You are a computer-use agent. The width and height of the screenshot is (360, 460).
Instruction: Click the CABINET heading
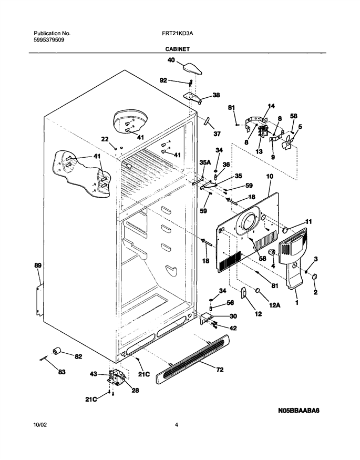click(177, 49)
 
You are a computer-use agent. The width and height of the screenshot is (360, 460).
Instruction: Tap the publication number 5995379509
click(49, 40)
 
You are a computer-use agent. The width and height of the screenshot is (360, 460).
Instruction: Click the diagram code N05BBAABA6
click(299, 411)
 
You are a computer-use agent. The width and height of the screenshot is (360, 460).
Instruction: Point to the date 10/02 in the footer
click(40, 424)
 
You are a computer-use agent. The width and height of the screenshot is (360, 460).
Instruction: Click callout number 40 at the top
click(171, 60)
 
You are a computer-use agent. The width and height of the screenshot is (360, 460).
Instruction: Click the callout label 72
click(220, 370)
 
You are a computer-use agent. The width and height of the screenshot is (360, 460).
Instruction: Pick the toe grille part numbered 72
click(192, 360)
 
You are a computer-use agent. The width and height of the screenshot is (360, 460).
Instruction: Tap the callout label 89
click(38, 265)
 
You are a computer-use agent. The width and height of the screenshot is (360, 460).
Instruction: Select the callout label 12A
click(275, 305)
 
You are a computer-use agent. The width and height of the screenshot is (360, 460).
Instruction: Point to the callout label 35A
click(205, 161)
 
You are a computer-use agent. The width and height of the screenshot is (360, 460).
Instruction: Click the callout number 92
click(163, 80)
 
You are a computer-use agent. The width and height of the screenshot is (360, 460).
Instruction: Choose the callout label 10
click(270, 176)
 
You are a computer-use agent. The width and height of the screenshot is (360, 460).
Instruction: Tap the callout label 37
click(217, 134)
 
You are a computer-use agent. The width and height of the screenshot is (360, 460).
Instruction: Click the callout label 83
click(61, 372)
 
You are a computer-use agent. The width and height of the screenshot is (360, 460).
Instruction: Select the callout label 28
click(135, 391)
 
